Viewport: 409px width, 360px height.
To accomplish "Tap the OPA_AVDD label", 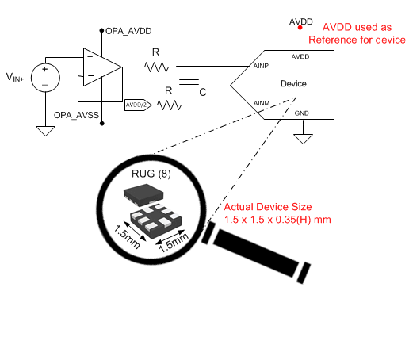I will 129,30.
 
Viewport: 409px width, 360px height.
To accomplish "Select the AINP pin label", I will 263,67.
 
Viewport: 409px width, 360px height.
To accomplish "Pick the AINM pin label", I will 263,103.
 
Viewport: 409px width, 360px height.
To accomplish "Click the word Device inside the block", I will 293,83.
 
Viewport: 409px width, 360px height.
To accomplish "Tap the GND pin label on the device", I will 301,113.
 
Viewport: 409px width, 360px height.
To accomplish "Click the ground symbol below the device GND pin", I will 301,140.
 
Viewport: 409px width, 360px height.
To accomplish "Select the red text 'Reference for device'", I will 357,40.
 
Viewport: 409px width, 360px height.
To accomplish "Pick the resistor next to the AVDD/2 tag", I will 168,104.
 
